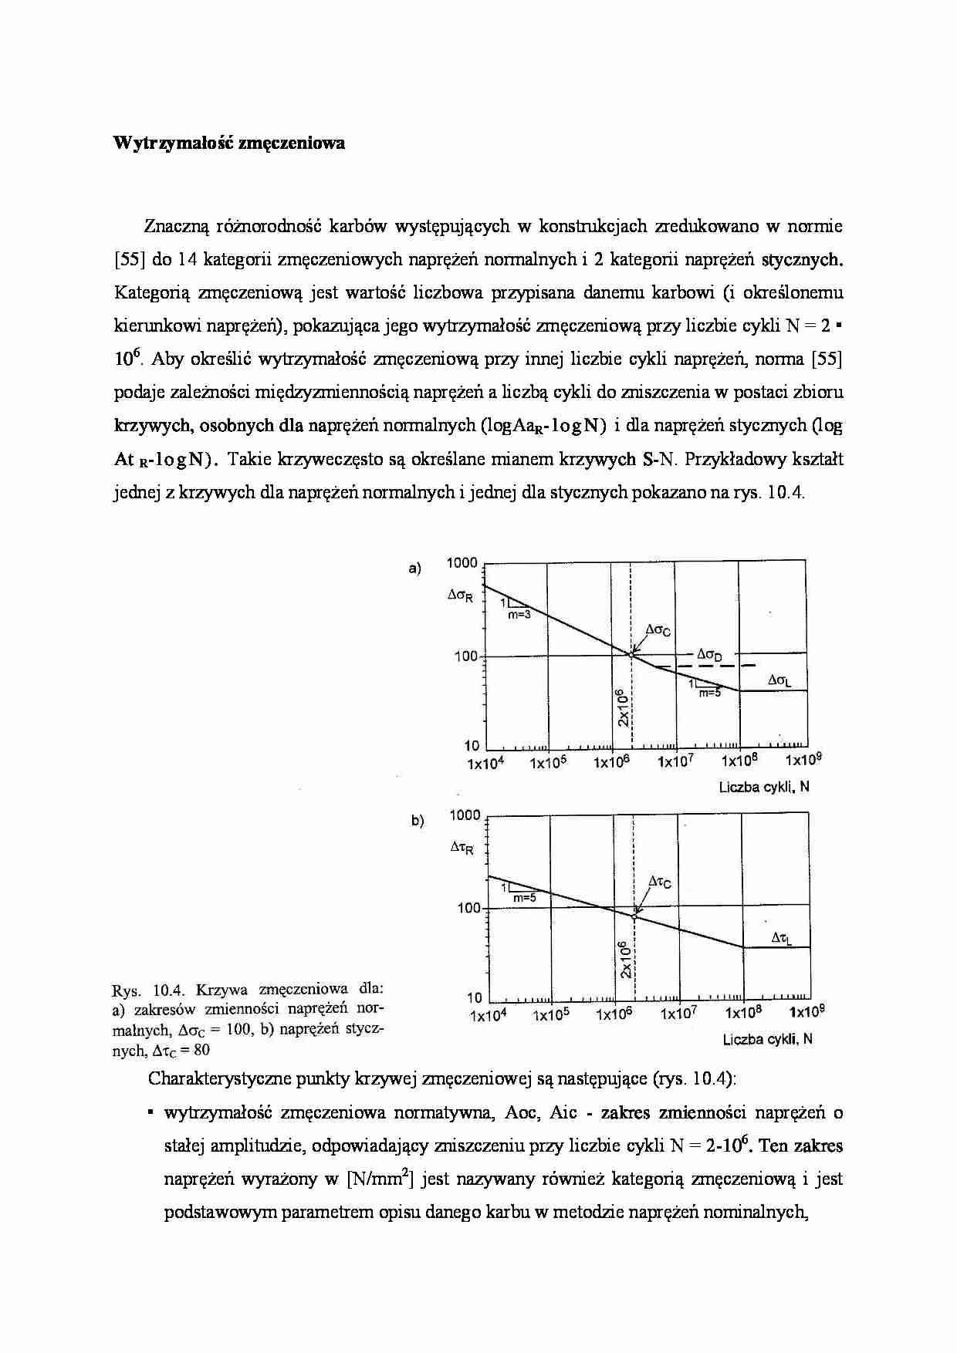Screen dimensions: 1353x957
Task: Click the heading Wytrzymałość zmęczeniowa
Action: pos(228,143)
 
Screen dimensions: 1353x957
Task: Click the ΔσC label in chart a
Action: pos(658,631)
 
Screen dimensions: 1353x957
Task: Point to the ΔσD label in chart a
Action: pos(709,656)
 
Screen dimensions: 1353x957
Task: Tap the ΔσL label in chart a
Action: pos(779,681)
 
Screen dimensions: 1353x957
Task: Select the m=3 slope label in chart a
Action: pos(519,615)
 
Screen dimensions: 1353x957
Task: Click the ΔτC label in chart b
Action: pos(659,881)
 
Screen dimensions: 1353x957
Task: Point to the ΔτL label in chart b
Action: pos(781,937)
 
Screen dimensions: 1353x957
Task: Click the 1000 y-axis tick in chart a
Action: pos(462,563)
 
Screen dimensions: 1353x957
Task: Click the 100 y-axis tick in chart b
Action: pos(468,908)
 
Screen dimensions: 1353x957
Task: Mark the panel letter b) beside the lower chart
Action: pos(417,822)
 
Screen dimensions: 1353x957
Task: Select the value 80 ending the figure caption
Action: pos(201,1050)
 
